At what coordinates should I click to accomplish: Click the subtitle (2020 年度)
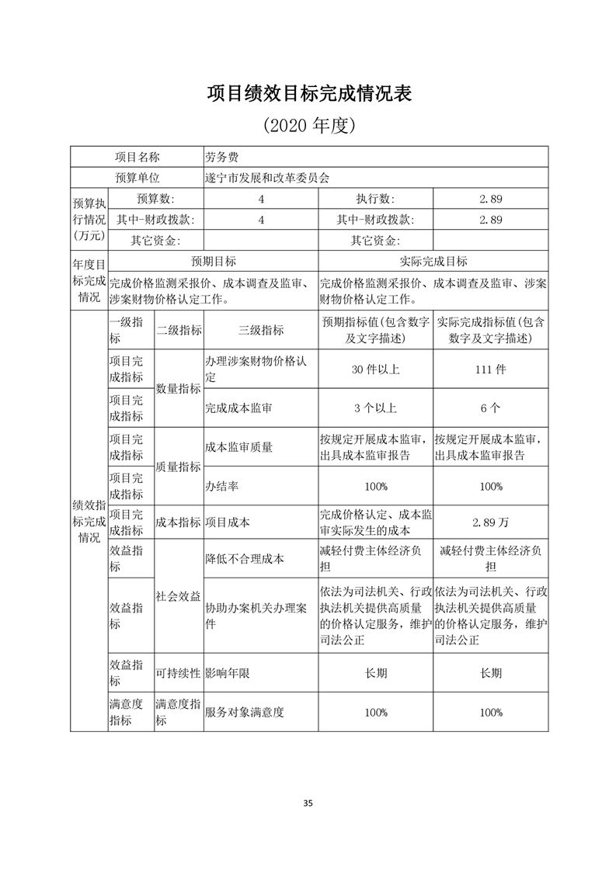click(x=308, y=124)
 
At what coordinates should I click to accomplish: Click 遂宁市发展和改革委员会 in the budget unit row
click(x=266, y=178)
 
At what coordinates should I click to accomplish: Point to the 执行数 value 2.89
click(x=490, y=199)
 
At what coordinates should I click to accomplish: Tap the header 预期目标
click(x=214, y=262)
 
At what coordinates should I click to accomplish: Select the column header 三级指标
click(x=261, y=330)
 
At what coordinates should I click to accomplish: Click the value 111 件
click(x=490, y=370)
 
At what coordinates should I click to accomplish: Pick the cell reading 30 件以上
click(x=375, y=370)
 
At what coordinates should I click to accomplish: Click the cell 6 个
click(x=490, y=407)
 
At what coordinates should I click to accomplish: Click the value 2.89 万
click(x=490, y=522)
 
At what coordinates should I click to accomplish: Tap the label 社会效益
click(x=179, y=596)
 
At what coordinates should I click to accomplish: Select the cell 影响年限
click(x=227, y=673)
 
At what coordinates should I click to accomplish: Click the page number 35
click(x=308, y=803)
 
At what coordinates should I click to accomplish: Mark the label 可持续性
click(x=179, y=673)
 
